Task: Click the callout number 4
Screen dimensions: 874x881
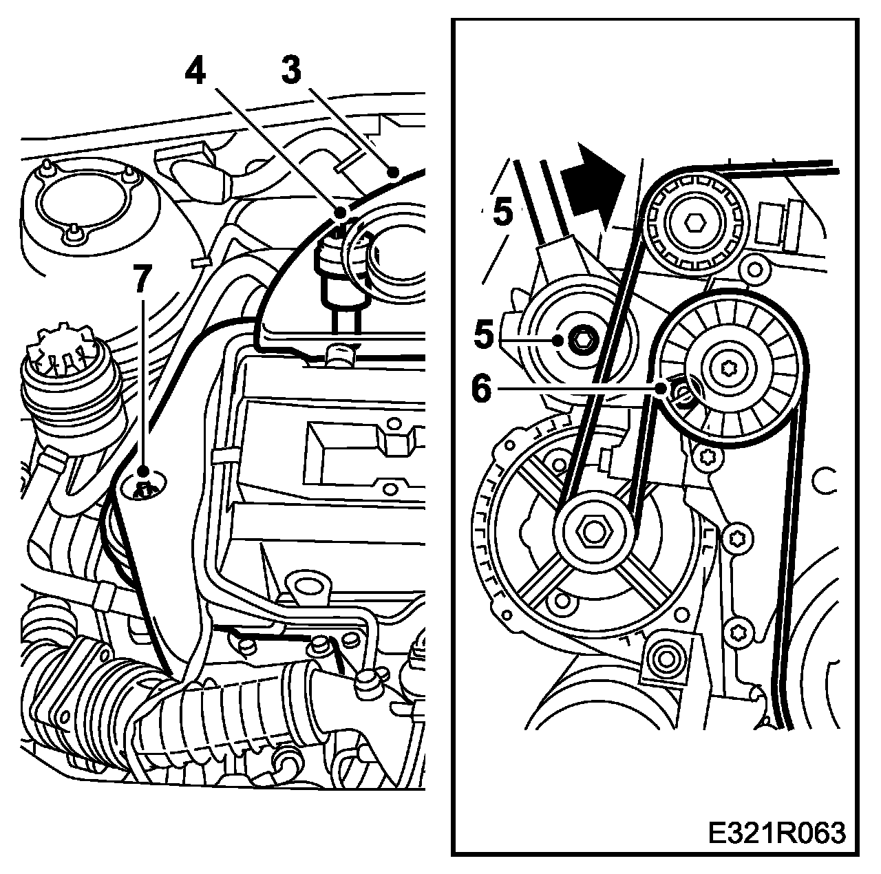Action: coord(195,71)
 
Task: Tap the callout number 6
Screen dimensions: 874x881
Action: coord(481,388)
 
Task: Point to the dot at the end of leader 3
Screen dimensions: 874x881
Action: coord(393,172)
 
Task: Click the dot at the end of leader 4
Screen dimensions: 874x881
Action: coord(339,213)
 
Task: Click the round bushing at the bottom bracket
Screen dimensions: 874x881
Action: coord(666,659)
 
